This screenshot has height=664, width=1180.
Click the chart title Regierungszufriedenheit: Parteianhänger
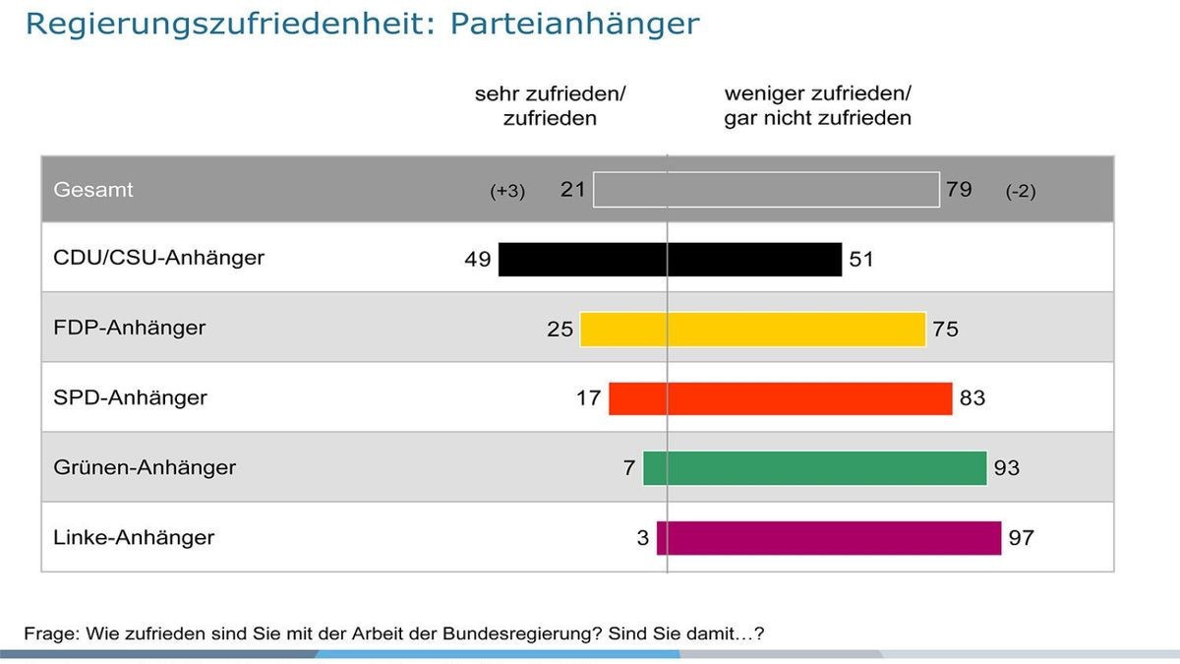pos(362,24)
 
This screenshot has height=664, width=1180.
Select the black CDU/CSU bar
pos(670,260)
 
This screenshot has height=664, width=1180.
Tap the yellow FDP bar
pos(752,330)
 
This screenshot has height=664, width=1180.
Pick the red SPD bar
pos(780,398)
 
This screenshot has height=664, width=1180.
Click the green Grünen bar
pos(814,468)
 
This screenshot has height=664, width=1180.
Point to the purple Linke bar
pos(828,538)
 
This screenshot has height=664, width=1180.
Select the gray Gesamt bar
pos(766,190)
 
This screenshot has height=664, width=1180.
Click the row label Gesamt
pos(93,190)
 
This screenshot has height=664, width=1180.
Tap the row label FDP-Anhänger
pos(130,329)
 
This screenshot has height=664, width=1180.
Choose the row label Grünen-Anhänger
pos(145,467)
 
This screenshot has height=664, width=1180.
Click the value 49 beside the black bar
pos(478,260)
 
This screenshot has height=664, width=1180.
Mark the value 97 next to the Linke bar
pos(1022,538)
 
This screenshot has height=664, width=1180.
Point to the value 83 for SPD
pos(972,398)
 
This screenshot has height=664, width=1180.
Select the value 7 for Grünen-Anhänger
pos(629,468)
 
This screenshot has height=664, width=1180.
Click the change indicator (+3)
pos(507,192)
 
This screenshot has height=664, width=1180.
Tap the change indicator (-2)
pos(1020,192)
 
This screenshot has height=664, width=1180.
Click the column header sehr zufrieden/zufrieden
pos(550,106)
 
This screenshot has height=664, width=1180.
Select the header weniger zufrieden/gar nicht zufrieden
pos(817,106)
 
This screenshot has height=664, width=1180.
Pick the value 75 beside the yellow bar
pos(945,330)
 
